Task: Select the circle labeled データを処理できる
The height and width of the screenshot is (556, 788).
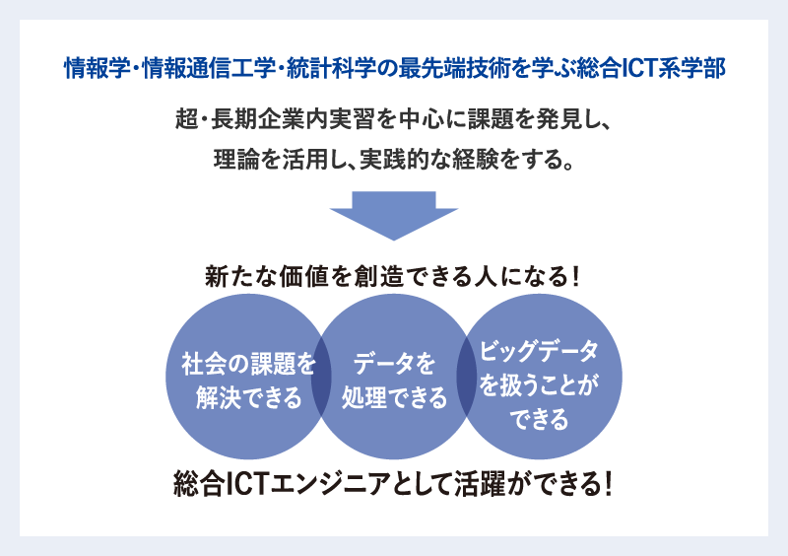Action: [x=394, y=377]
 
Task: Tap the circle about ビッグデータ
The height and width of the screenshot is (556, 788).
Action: [x=539, y=377]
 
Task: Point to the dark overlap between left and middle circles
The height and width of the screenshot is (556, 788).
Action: [x=321, y=377]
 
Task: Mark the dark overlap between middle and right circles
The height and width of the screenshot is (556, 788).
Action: [x=466, y=377]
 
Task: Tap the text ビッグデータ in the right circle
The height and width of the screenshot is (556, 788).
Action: [x=539, y=351]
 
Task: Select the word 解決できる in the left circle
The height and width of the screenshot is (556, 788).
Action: [x=249, y=397]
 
